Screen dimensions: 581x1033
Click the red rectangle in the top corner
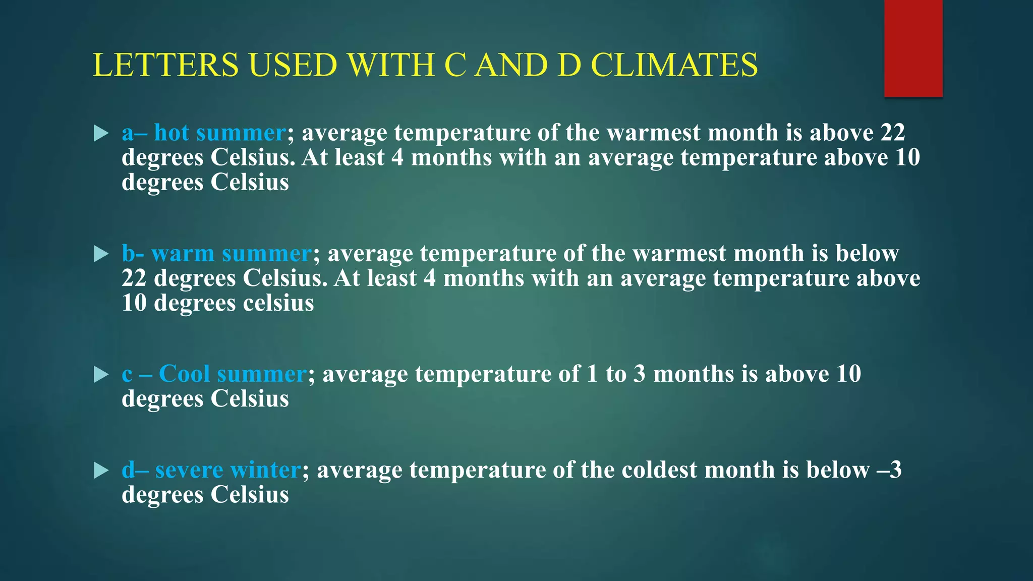tap(913, 48)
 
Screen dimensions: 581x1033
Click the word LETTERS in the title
tap(165, 65)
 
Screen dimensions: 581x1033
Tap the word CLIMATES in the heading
tap(674, 65)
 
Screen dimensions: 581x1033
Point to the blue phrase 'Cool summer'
tap(233, 374)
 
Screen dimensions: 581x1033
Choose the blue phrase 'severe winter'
tap(228, 470)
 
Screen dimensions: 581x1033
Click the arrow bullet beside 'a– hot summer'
tap(101, 134)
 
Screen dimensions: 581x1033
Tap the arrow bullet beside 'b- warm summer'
tap(101, 254)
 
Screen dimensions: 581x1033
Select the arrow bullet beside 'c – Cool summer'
tap(101, 375)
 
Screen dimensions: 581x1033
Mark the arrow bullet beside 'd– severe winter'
tap(101, 471)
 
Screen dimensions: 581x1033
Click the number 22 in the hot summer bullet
tap(893, 133)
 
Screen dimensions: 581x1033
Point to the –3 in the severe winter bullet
tap(889, 470)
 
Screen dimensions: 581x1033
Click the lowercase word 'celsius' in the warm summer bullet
tap(278, 303)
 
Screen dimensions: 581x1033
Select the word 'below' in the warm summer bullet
tap(867, 254)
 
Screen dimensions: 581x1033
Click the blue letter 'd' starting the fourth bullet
tap(129, 470)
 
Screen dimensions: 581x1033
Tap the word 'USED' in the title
tap(293, 65)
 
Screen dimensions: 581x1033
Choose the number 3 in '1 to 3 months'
tap(640, 374)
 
